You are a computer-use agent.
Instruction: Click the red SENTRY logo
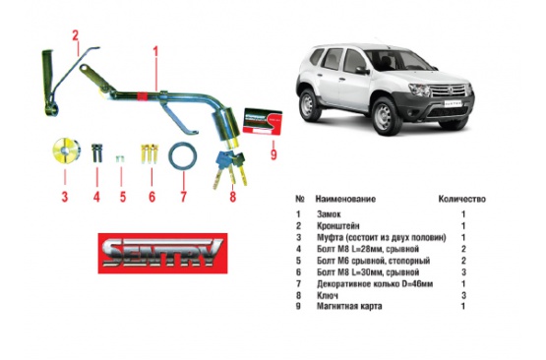[162, 253]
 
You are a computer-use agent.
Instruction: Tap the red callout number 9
[273, 153]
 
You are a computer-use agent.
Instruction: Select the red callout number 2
[75, 35]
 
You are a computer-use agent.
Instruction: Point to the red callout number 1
[155, 51]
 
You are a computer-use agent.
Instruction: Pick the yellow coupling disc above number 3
[67, 150]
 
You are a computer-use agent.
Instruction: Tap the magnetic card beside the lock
[262, 121]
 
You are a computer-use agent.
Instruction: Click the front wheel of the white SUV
[385, 116]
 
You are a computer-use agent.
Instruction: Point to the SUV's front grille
[450, 90]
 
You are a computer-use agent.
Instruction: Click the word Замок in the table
[329, 214]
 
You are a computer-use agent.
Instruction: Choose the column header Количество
[461, 199]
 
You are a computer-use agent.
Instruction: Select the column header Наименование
[345, 199]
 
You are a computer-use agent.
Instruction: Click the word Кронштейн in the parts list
[337, 225]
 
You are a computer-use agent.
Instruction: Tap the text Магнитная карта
[349, 306]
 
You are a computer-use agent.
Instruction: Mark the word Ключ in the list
[327, 296]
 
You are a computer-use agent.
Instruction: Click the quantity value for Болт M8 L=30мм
[463, 271]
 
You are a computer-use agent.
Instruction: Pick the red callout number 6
[152, 197]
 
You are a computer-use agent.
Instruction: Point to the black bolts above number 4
[96, 152]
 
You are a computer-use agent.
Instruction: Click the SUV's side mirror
[362, 71]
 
